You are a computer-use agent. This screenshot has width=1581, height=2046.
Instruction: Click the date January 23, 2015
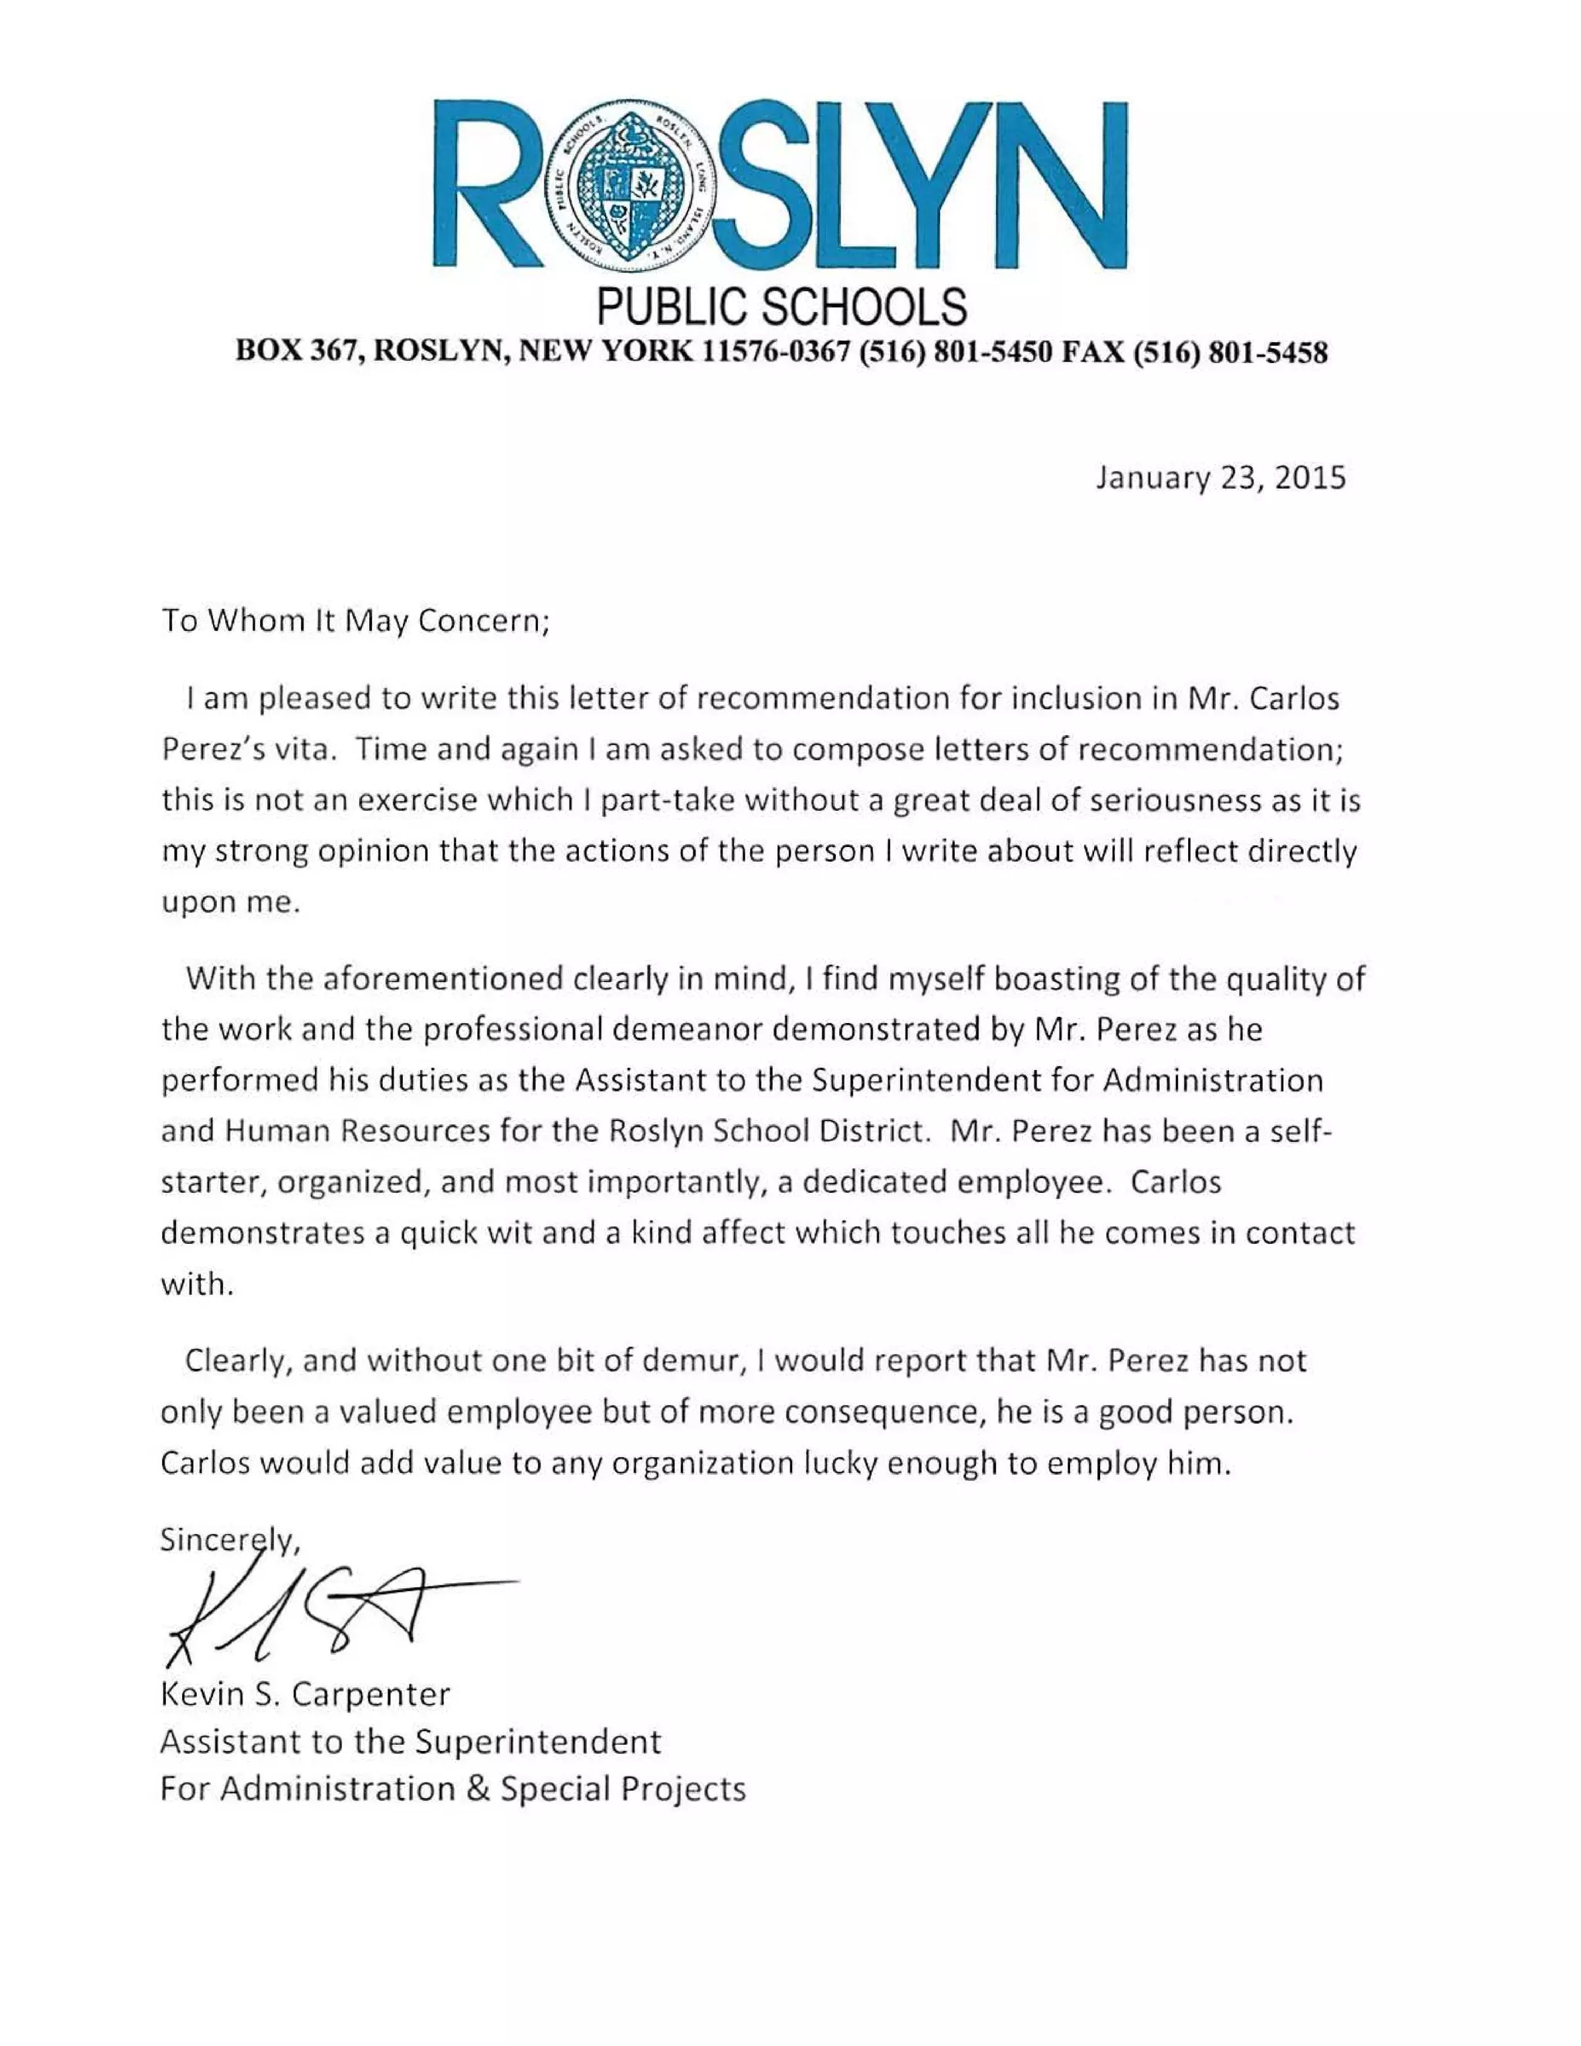click(1220, 478)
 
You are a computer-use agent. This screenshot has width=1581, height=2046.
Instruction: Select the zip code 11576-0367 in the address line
click(777, 352)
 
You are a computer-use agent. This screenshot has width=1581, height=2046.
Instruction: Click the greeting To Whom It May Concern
click(355, 621)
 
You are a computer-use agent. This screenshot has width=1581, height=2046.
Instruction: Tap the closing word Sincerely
click(229, 1540)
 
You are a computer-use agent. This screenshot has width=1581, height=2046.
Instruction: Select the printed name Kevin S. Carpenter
click(306, 1694)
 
